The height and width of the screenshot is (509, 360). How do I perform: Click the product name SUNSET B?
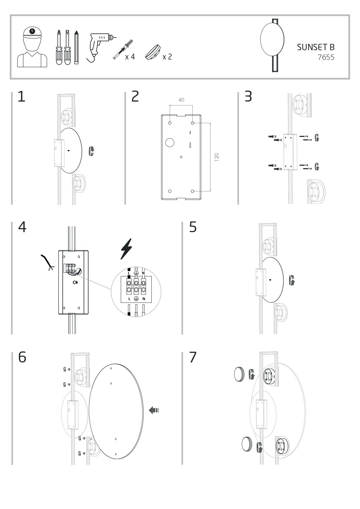(316, 47)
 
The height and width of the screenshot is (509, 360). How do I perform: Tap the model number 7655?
(326, 57)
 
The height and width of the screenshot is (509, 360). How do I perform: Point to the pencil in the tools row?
(76, 47)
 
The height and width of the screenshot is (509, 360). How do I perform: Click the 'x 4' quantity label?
(130, 57)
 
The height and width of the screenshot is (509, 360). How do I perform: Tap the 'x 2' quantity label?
(167, 57)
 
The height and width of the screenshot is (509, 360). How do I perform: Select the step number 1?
(21, 97)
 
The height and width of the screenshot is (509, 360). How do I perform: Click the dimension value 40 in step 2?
(181, 100)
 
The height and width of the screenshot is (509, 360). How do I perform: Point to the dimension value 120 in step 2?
(216, 157)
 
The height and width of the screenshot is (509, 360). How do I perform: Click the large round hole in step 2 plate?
(169, 142)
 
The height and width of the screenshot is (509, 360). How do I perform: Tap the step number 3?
(248, 97)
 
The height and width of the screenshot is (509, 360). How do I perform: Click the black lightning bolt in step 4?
(126, 249)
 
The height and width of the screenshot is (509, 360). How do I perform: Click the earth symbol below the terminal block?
(136, 299)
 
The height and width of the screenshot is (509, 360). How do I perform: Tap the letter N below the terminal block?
(143, 299)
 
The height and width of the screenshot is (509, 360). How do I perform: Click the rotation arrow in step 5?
(292, 280)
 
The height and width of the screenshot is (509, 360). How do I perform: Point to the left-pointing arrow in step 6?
(154, 410)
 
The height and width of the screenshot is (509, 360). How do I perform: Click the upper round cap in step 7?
(239, 374)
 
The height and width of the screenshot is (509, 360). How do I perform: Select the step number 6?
(22, 357)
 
